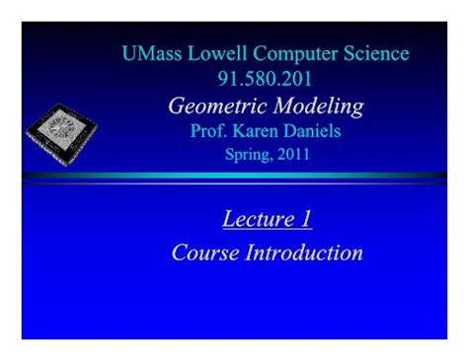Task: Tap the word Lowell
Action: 220,54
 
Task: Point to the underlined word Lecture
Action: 255,219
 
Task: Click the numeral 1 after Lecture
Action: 306,219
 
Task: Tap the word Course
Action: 204,252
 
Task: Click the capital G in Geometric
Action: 178,107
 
